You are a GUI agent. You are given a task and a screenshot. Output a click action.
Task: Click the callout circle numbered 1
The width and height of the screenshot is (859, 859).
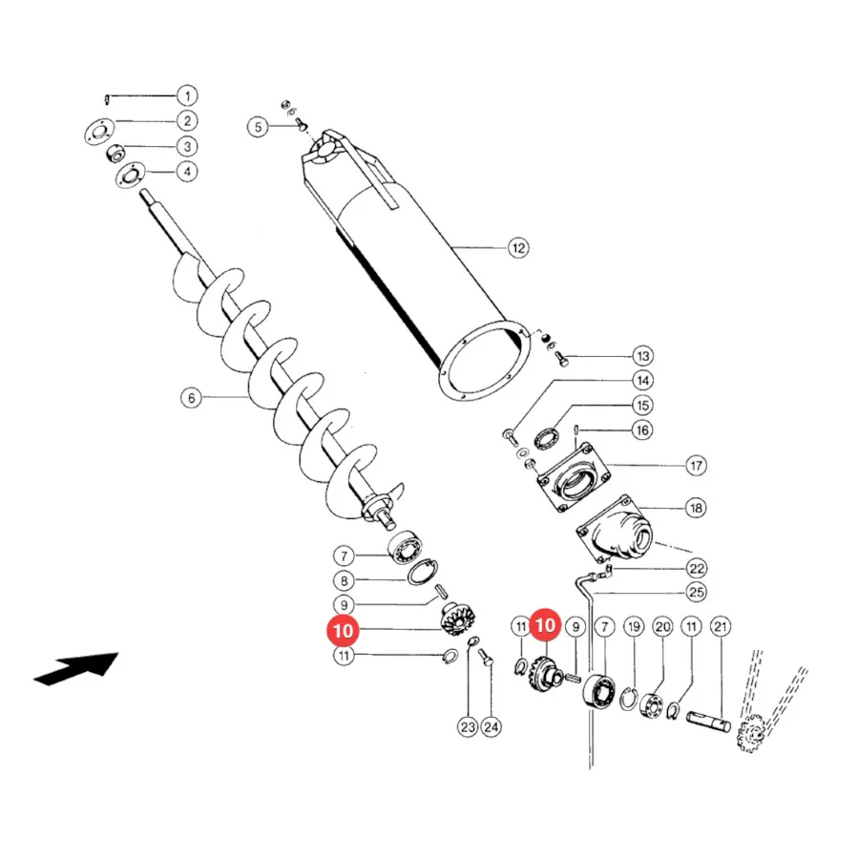[x=187, y=95]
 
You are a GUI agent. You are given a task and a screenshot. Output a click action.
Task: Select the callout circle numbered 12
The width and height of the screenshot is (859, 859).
[x=518, y=248]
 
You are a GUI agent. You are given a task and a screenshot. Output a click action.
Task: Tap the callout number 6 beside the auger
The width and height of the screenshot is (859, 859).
[x=191, y=398]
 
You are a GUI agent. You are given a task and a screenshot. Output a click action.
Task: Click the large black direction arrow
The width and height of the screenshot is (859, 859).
[x=76, y=668]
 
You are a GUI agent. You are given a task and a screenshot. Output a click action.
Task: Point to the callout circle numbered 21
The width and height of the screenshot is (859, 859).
[x=721, y=627]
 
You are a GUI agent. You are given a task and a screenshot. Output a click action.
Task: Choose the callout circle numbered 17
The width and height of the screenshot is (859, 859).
[x=697, y=466]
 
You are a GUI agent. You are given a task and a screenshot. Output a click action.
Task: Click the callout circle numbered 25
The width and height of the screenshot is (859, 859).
[x=697, y=592]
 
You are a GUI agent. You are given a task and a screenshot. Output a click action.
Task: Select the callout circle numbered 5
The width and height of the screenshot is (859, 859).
[x=258, y=127]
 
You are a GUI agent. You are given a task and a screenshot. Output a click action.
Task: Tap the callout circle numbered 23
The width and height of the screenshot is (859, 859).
[x=468, y=727]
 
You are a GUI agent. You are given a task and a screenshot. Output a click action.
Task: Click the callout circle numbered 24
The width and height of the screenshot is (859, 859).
[x=491, y=727]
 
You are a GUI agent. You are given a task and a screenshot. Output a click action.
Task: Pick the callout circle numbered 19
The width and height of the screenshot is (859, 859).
[x=634, y=627]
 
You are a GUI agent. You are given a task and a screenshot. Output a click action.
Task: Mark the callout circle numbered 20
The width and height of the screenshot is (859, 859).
[x=663, y=627]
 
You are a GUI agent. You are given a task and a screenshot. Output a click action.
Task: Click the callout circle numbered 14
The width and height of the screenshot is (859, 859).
[x=642, y=381]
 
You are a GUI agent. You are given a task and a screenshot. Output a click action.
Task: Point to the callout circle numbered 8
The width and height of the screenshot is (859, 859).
[x=344, y=580]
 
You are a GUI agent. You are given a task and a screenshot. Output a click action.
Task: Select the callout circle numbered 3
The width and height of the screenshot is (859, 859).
[x=187, y=146]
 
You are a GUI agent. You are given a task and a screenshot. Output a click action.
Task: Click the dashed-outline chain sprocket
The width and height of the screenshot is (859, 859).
[x=750, y=732]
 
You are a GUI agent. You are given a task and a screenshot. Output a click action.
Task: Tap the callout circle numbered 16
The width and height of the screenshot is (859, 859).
[x=642, y=430]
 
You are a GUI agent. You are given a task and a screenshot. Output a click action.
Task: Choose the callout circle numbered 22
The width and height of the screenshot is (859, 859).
[x=697, y=568]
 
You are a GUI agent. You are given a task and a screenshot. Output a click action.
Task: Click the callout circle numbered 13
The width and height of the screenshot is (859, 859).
[x=642, y=356]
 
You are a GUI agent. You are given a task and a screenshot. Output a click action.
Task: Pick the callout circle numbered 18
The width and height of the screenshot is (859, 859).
[x=697, y=508]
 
